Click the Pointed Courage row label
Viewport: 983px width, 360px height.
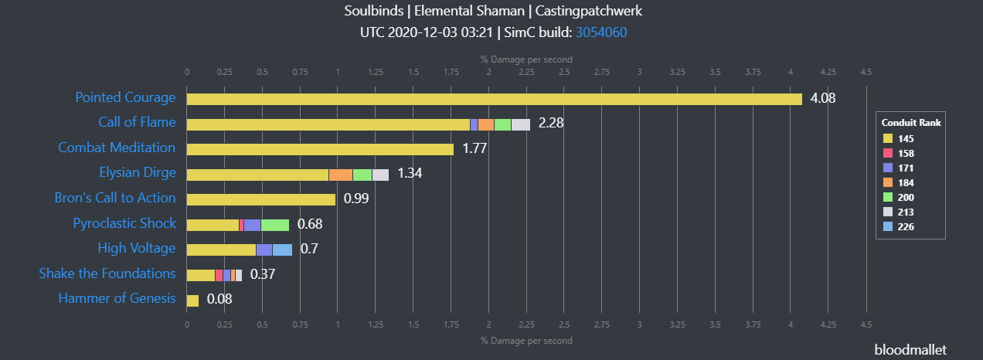(x=125, y=98)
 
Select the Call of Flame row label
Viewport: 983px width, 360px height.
(x=137, y=123)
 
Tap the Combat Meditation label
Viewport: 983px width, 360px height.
(x=117, y=148)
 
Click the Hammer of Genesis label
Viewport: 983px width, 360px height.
(x=117, y=299)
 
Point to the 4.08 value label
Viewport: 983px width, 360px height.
(x=823, y=98)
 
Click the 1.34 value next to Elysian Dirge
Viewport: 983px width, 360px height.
(x=410, y=173)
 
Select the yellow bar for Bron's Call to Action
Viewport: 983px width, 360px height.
(x=261, y=199)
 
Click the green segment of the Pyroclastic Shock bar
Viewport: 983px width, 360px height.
(x=275, y=225)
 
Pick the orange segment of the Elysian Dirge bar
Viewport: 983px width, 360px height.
(x=341, y=175)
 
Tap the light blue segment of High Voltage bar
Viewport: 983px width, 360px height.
(x=282, y=250)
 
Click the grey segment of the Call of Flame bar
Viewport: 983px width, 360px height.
(x=521, y=124)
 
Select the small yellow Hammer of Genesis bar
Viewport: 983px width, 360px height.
(x=192, y=301)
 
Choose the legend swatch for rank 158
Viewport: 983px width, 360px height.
(x=887, y=153)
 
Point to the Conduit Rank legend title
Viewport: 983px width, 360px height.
(x=910, y=122)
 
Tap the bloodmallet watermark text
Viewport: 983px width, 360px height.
(x=910, y=349)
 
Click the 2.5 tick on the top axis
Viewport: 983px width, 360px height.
(x=564, y=72)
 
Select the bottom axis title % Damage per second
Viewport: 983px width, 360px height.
(x=526, y=341)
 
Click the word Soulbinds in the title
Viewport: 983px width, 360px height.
(x=371, y=12)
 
